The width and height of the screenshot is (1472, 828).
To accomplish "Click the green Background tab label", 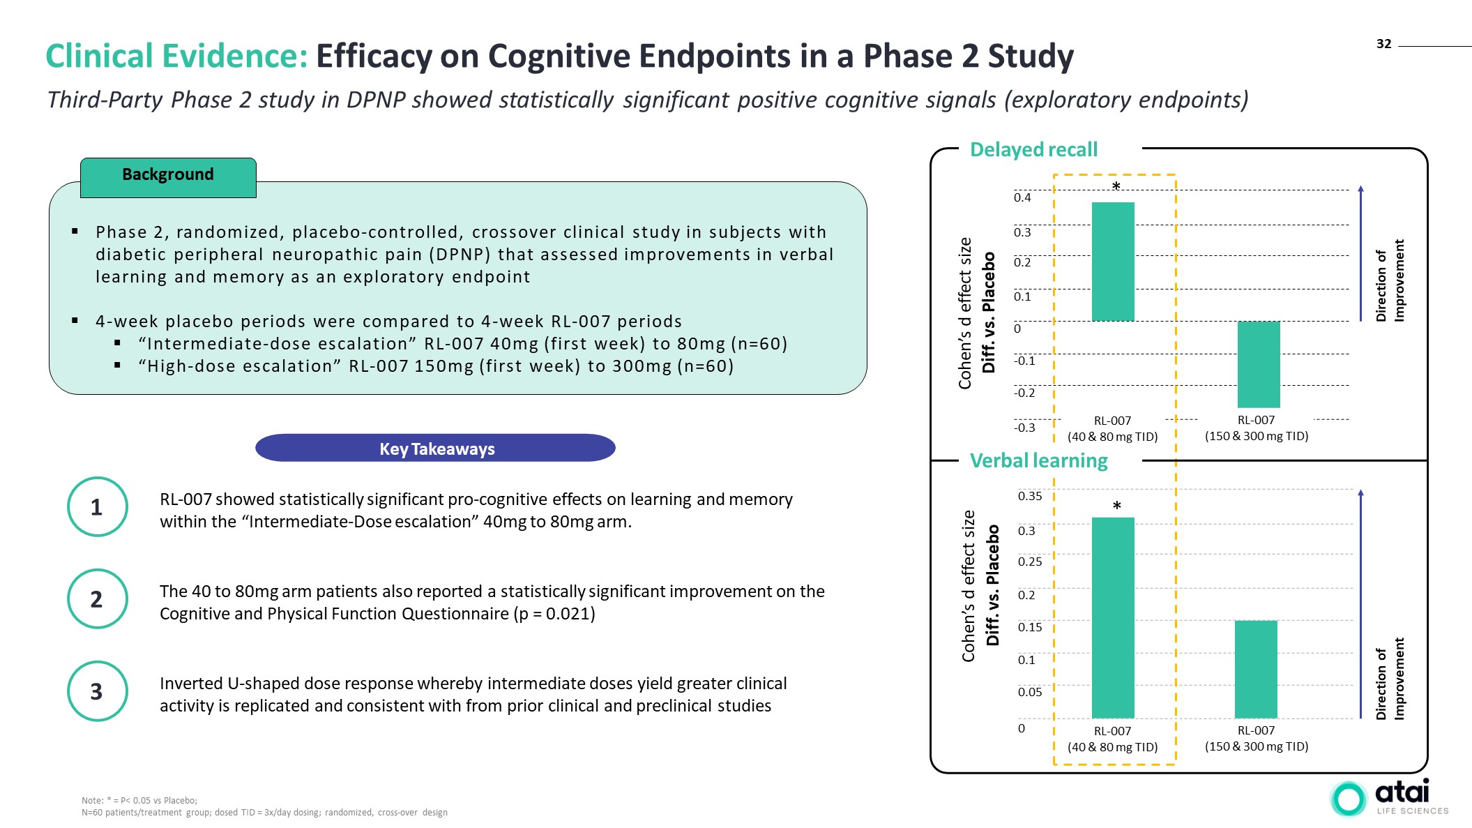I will [168, 175].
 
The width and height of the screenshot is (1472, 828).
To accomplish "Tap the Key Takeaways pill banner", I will [436, 449].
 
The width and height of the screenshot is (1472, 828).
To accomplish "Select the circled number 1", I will [97, 507].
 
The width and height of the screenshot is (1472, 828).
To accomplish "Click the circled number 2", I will [97, 599].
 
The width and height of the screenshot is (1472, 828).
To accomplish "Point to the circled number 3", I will [97, 691].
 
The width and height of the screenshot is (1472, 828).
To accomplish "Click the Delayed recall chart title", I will [1033, 150].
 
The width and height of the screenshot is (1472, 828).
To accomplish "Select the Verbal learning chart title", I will [1038, 461].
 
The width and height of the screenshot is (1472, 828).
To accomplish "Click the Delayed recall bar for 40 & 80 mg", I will [1113, 262].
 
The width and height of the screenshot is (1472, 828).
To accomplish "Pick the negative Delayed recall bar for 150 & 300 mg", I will [1259, 364].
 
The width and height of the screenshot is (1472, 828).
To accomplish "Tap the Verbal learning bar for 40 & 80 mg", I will [1113, 617].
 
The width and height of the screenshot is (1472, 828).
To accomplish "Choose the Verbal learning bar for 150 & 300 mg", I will [1256, 669].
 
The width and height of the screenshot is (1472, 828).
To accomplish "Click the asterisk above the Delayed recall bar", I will [1116, 186].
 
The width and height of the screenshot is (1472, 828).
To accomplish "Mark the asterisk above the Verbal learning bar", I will [1116, 506].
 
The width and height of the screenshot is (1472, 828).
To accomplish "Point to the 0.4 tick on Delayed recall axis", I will [1022, 198].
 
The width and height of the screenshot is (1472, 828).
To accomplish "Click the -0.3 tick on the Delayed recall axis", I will [1024, 428].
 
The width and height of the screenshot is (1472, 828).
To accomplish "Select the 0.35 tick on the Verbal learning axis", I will [1029, 497].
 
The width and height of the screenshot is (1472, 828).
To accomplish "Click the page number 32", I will [1383, 44].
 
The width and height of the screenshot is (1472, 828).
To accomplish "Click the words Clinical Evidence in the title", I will [176, 57].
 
